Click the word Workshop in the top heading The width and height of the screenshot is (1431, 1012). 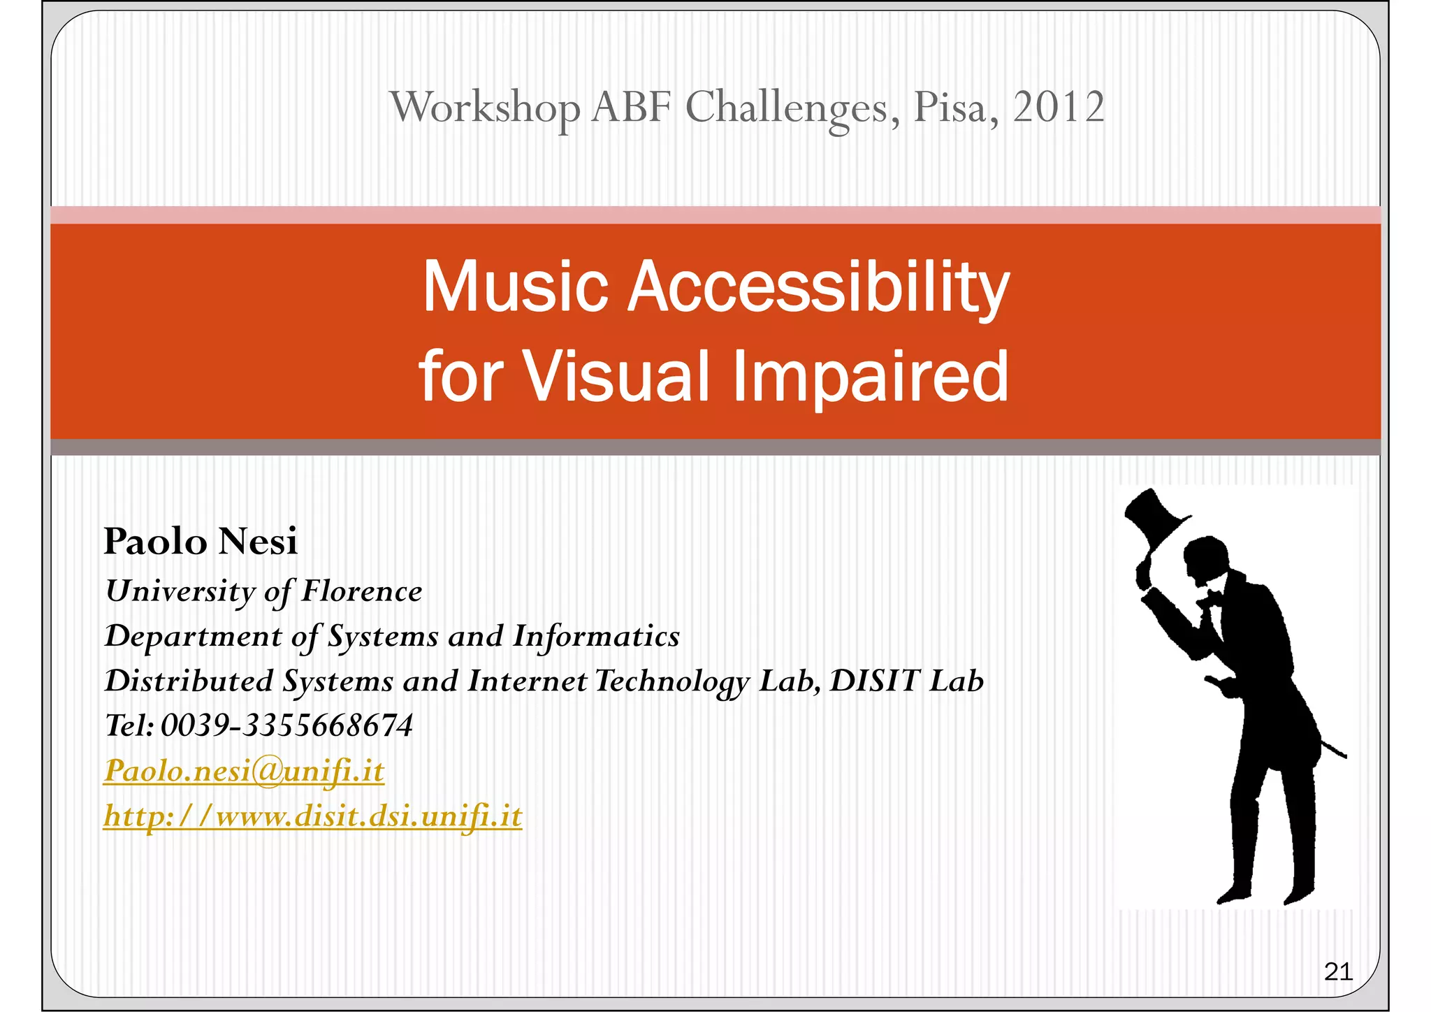tap(484, 108)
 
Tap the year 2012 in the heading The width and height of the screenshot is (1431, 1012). tap(1058, 108)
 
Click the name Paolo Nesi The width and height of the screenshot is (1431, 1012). tap(201, 542)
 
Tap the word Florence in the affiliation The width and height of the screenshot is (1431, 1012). tap(361, 591)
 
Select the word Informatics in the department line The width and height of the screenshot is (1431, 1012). tap(596, 636)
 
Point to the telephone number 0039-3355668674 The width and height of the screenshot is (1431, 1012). tap(286, 725)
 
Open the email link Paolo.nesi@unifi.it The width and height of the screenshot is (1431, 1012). tap(244, 771)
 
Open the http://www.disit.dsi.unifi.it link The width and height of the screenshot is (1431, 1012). tap(312, 816)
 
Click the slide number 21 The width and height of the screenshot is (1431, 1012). tap(1337, 971)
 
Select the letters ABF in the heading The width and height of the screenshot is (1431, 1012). tap(631, 108)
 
